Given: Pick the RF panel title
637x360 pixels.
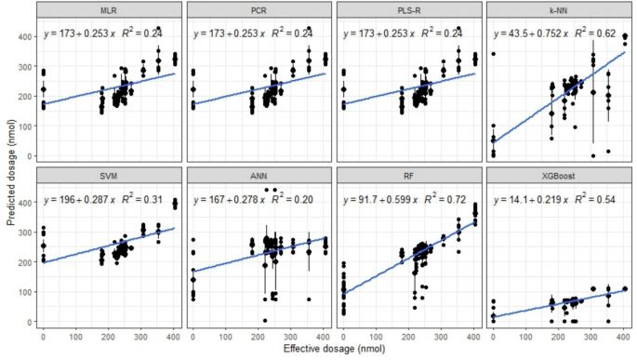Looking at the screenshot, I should click(403, 177).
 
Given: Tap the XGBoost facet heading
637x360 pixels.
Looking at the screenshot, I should click(550, 177).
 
